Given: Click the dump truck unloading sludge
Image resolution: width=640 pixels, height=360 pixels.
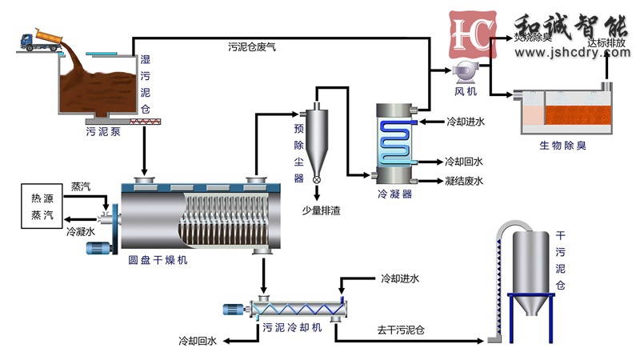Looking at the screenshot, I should coord(36,38).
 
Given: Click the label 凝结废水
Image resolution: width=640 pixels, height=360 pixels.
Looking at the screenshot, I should coord(464,181).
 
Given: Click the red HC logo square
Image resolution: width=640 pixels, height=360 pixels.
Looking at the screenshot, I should coord(469,36).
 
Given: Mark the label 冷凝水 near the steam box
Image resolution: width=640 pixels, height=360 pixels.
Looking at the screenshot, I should coord(81,231).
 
